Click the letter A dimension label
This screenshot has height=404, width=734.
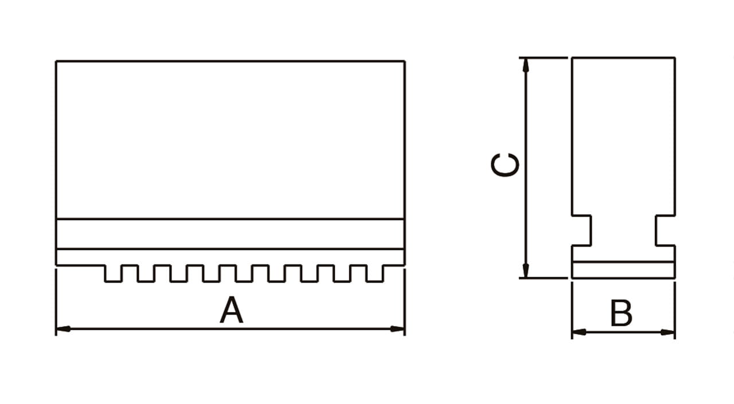232,311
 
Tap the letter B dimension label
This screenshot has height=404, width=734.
621,313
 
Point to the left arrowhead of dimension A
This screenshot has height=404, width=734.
63,329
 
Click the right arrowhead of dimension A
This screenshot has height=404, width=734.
397,329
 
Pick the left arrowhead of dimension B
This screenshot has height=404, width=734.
579,332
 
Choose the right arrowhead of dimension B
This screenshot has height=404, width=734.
668,332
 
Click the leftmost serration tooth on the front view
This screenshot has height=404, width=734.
113,273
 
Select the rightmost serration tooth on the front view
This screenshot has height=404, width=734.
375,273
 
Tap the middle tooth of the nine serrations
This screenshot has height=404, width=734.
244,273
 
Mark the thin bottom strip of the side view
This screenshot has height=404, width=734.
623,270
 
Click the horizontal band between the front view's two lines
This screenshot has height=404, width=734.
230,234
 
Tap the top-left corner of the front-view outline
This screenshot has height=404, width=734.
56,61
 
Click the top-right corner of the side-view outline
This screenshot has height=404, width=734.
674,58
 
